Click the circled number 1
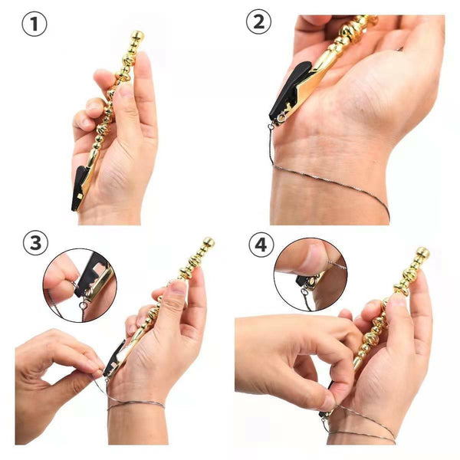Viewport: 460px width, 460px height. [x=34, y=24]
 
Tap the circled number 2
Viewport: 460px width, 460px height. [x=258, y=23]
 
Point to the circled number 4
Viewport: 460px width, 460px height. [x=261, y=245]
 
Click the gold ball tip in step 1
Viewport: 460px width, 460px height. [x=136, y=36]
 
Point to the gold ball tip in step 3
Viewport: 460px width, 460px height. [x=208, y=242]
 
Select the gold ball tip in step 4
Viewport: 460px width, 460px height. [x=422, y=252]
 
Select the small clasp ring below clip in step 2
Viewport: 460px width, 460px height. [x=273, y=125]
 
